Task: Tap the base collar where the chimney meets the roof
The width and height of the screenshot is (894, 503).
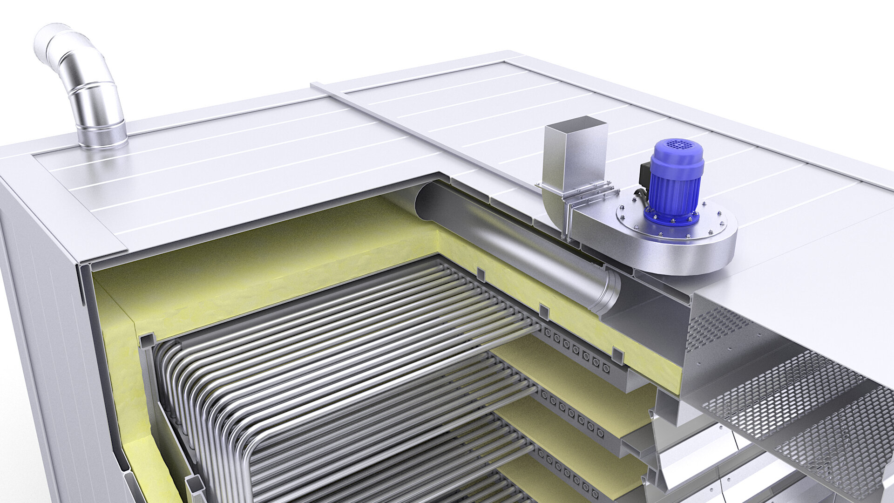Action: tap(102, 138)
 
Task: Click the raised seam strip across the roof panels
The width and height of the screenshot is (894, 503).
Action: tap(419, 135)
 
